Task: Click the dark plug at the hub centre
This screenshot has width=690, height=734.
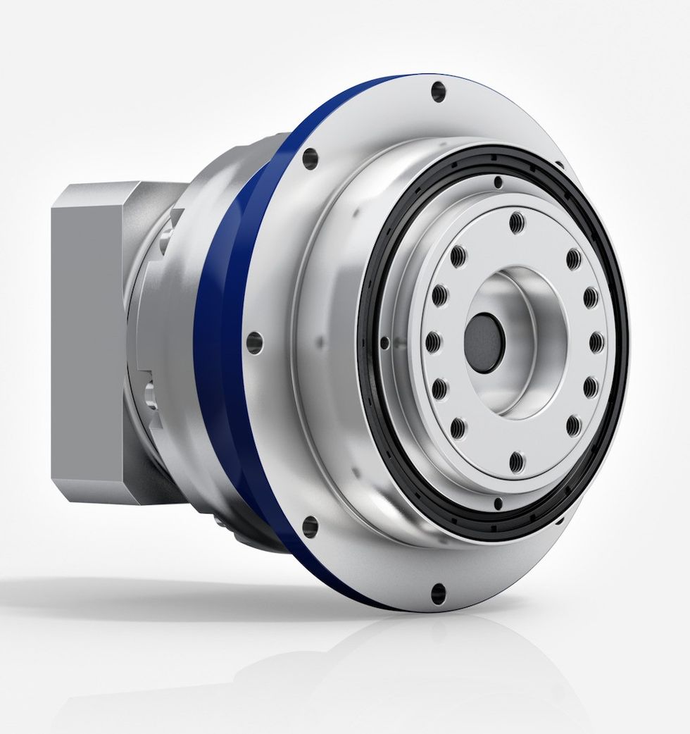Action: click(x=484, y=344)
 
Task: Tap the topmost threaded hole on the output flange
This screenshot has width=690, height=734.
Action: click(x=517, y=222)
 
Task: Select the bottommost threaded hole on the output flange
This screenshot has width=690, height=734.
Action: click(x=517, y=462)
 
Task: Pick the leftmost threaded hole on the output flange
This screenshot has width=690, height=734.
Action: click(x=432, y=342)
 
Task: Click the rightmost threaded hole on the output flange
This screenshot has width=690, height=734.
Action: click(x=596, y=342)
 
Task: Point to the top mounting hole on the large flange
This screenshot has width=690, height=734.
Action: click(x=439, y=91)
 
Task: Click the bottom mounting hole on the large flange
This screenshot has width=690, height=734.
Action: click(x=438, y=593)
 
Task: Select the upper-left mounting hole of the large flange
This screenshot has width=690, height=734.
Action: click(x=310, y=158)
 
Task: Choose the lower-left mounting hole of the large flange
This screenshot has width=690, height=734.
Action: click(x=310, y=526)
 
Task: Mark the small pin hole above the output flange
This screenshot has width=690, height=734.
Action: click(x=498, y=182)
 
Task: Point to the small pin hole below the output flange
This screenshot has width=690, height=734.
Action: click(x=498, y=503)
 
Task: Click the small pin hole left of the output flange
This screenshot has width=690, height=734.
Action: click(x=384, y=342)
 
